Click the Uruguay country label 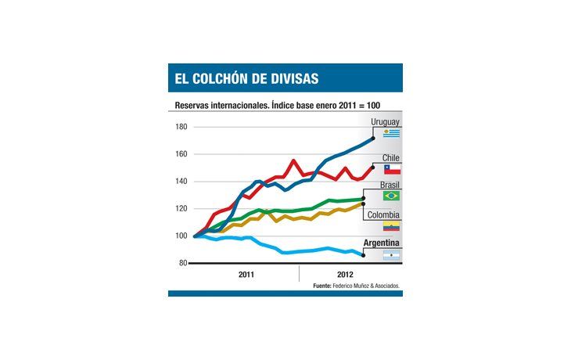[385, 123]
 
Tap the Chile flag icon [391, 169]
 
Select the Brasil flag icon [391, 196]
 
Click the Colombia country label [383, 214]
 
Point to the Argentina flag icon [391, 255]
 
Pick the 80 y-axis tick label [182, 264]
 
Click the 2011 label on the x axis [245, 275]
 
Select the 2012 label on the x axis [343, 275]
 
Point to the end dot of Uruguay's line [372, 139]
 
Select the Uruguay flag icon [391, 133]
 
